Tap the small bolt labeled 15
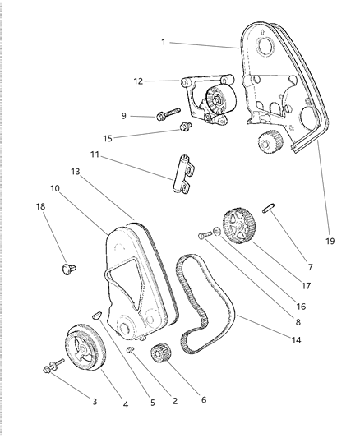tap(185, 127)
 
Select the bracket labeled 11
tap(184, 173)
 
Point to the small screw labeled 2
tap(130, 350)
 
